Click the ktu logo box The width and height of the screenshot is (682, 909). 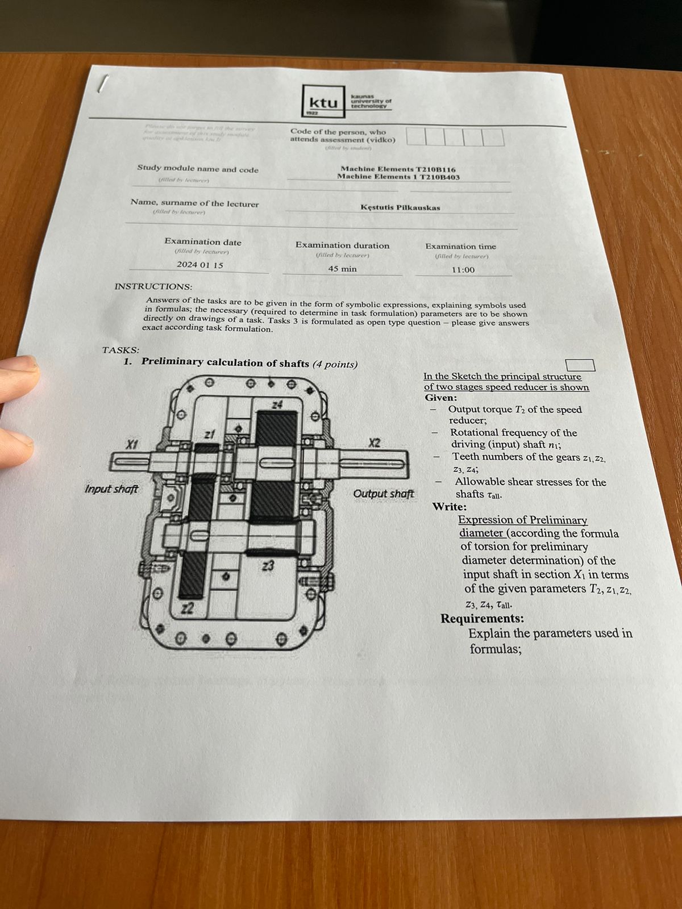pos(323,102)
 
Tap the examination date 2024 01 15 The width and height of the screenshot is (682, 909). pos(200,265)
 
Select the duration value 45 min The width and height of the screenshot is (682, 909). pos(342,269)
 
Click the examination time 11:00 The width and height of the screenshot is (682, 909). pos(463,270)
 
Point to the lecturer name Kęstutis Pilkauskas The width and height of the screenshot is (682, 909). pos(400,207)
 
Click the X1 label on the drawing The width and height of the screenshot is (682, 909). pos(132,444)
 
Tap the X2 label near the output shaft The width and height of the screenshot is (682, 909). pos(374,443)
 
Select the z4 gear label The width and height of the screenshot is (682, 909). pos(277,405)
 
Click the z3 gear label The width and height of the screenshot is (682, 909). pos(268,566)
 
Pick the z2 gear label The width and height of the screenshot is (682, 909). pos(188,609)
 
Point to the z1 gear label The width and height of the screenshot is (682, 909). pos(210,435)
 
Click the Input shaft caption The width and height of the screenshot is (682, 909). pos(111,489)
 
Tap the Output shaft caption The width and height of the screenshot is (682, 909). pos(384,493)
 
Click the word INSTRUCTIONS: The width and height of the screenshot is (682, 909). pos(153,286)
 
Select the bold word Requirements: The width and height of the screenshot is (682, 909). pos(482,618)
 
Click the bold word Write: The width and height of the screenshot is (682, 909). pos(449,506)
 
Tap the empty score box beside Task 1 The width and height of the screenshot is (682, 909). pos(580,365)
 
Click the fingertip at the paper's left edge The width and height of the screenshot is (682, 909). pos(17,372)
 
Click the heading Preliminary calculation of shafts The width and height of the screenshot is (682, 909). pos(225,362)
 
